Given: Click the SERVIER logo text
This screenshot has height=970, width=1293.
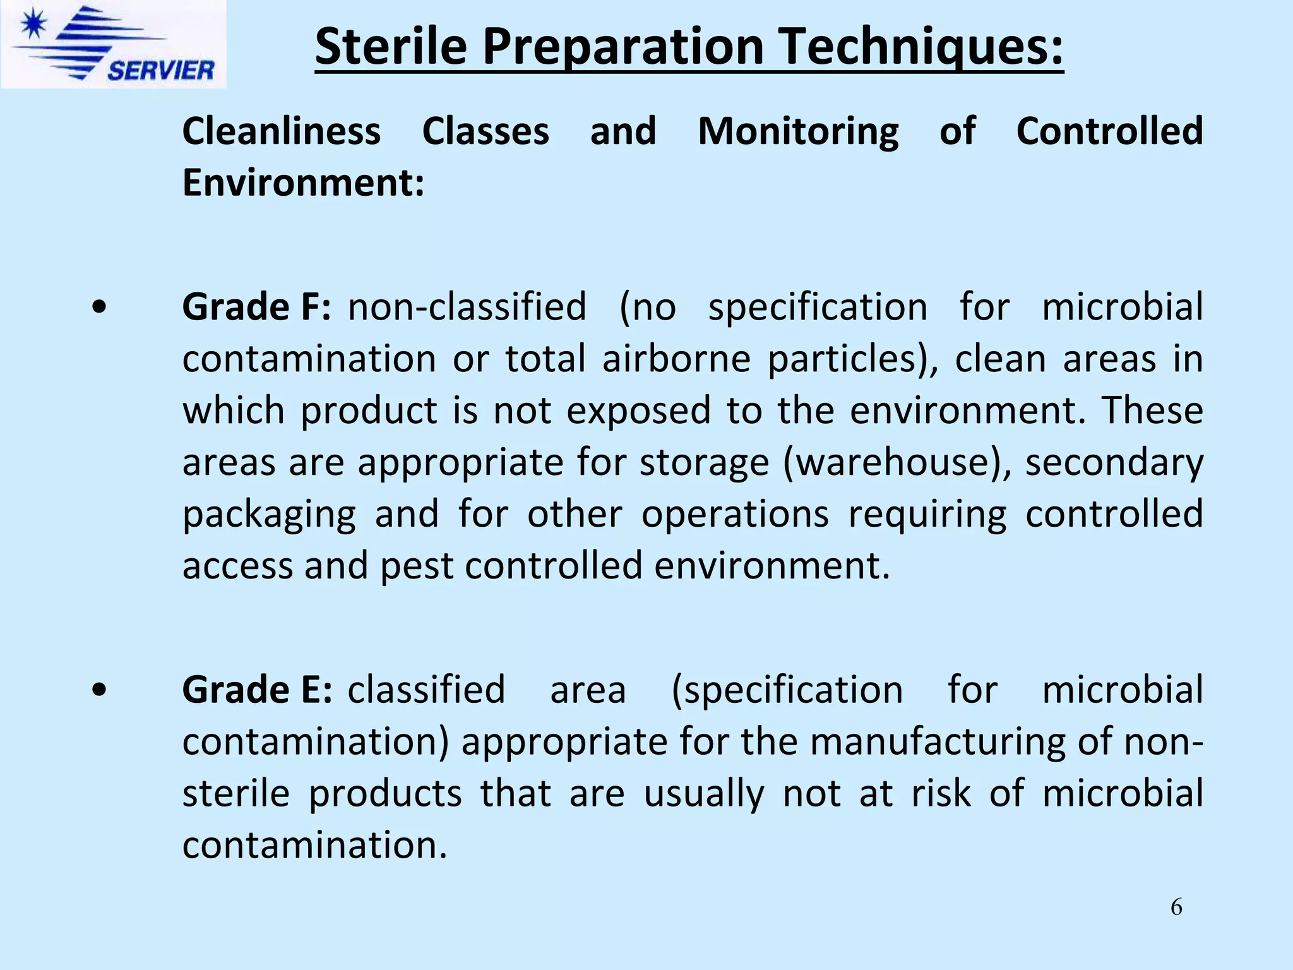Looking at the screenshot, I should (160, 69).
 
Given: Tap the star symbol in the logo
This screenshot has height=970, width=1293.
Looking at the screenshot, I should (32, 25).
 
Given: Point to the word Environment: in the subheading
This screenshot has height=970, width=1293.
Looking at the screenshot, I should (303, 183).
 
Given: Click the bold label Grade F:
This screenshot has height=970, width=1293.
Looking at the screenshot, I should (256, 307).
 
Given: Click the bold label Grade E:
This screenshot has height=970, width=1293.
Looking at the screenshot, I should (256, 689).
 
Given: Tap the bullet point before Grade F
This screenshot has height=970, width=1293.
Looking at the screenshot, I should (98, 308).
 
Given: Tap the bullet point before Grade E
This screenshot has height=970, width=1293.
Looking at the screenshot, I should (98, 690).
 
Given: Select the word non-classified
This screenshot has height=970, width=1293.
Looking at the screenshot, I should (467, 307).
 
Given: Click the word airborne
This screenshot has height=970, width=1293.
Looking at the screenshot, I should (676, 359).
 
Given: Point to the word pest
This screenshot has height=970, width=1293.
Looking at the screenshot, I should (416, 566).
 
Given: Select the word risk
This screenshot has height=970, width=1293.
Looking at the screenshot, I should (940, 793).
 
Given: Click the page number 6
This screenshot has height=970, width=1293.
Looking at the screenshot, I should (1176, 907).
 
